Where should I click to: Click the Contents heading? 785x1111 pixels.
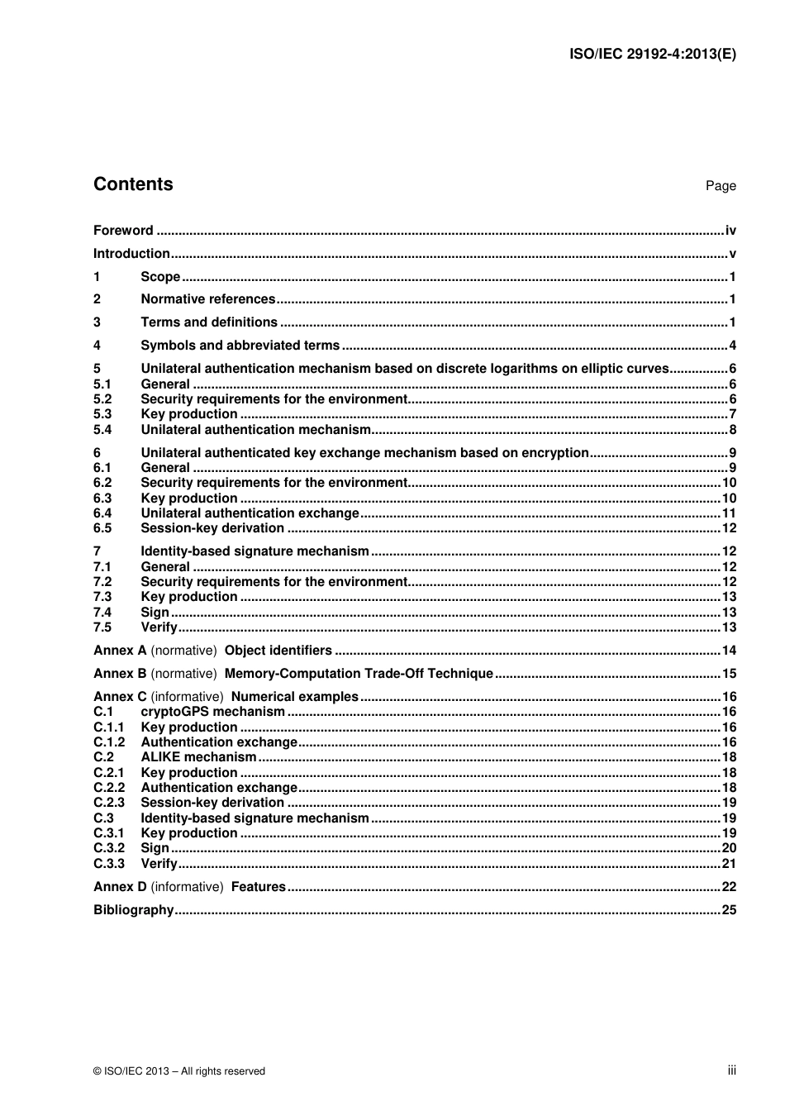point(133,184)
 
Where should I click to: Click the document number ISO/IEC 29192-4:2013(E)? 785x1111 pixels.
point(653,55)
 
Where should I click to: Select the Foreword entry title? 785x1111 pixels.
point(123,231)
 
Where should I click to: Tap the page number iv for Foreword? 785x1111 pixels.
point(730,231)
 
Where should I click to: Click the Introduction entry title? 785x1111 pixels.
point(131,254)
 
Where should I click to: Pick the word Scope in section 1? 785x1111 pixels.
point(160,277)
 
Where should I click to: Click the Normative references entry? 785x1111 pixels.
point(207,299)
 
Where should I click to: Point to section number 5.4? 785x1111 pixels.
point(102,430)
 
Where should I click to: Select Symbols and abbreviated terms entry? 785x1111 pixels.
point(240,346)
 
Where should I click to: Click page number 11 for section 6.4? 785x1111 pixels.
point(729,513)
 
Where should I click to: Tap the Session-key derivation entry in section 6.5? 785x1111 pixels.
point(212,528)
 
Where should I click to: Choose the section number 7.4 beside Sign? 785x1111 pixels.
point(102,613)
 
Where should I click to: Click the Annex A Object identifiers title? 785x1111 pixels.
point(278,651)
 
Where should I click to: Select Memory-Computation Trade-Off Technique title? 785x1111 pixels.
point(359,674)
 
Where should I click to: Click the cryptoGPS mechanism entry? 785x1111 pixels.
point(212,712)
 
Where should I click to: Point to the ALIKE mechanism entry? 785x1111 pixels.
point(198,757)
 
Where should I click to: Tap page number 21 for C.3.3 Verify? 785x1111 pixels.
point(729,864)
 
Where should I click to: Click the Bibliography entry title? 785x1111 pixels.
point(133,910)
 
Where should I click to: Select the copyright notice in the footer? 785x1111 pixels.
point(179,1071)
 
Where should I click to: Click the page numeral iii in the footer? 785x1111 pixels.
point(731,1070)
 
